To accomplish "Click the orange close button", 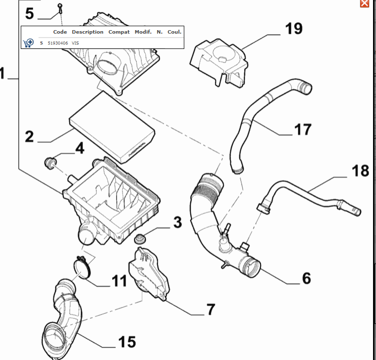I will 364,3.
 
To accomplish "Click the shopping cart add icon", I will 28,43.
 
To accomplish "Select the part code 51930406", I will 58,43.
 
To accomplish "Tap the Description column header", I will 87,32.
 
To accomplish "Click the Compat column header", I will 119,32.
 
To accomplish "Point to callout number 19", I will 293,28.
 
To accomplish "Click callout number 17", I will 303,129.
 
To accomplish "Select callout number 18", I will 360,171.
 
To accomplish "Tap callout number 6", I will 306,279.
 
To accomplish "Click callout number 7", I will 210,310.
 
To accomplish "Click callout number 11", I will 119,281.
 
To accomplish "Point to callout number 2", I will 29,136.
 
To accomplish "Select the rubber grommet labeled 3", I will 141,239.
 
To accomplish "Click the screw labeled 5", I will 60,8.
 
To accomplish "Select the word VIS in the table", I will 75,43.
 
